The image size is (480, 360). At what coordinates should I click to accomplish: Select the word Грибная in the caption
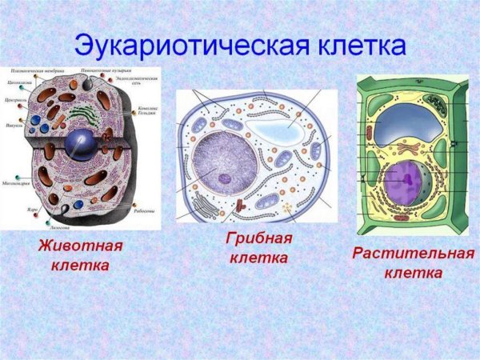258,238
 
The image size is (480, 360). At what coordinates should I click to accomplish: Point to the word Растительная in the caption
413,254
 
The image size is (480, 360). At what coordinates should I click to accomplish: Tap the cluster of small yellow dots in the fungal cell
286,209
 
